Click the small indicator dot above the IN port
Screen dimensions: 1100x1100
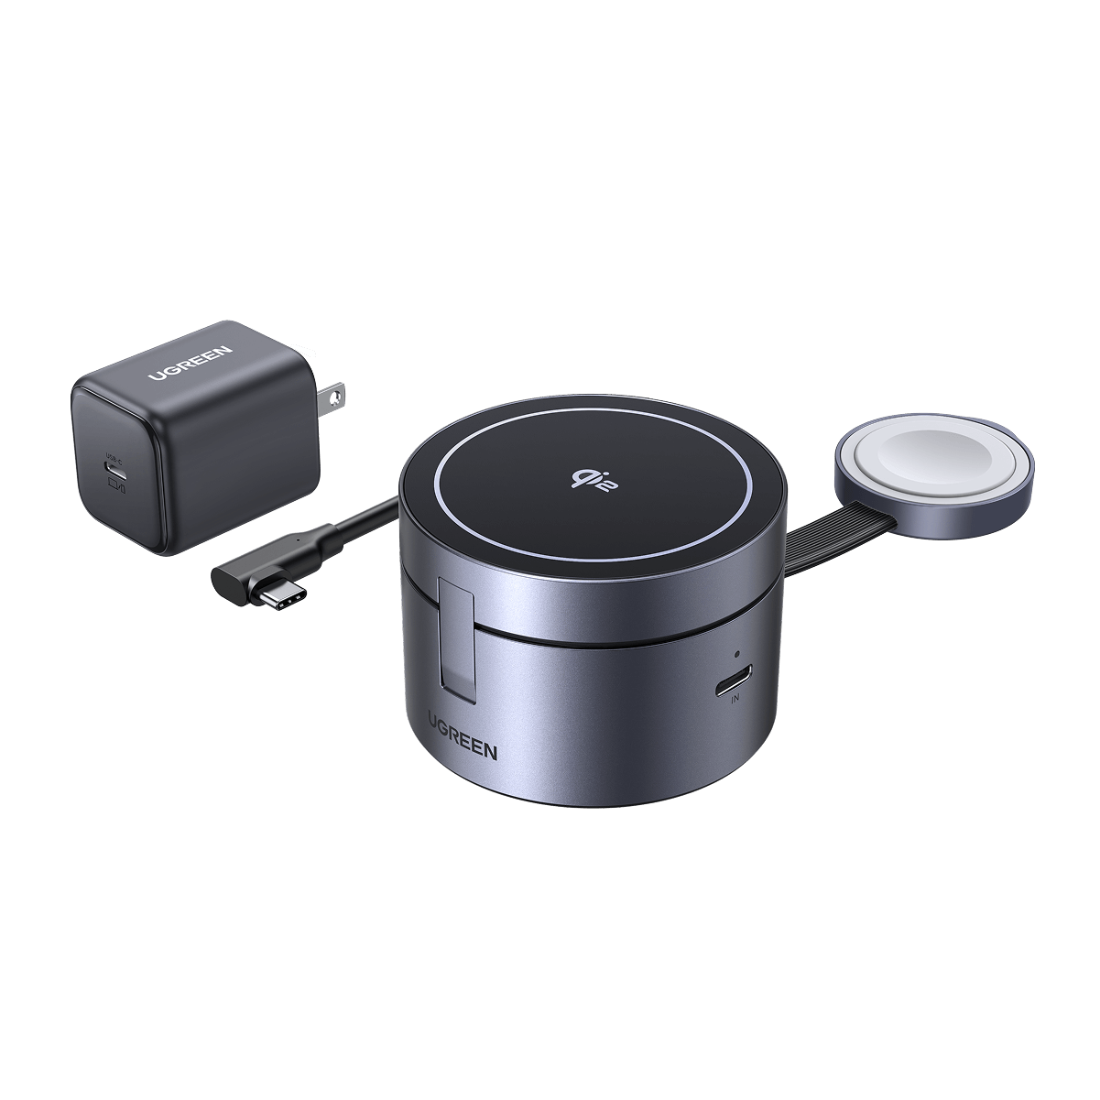pyautogui.click(x=737, y=657)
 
